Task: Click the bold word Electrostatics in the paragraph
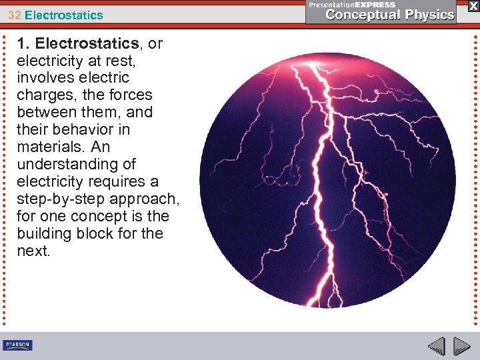point(87,44)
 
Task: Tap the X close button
point(473,6)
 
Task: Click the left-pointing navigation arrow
point(437,347)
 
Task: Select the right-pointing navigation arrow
point(461,347)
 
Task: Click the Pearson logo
point(17,345)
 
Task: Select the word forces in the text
point(131,95)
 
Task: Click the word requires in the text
point(124,181)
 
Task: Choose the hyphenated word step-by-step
point(64,199)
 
